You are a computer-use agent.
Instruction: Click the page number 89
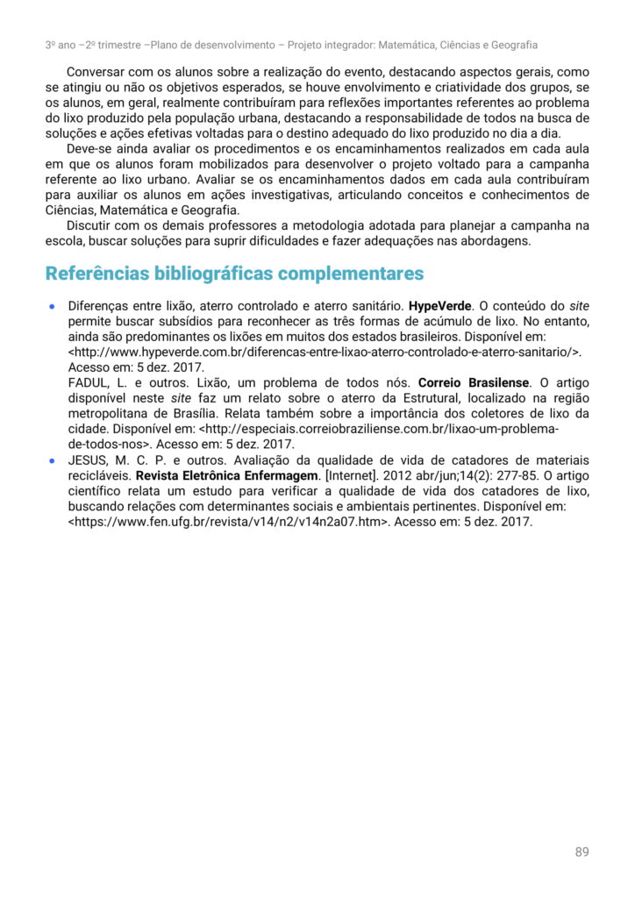coord(581,852)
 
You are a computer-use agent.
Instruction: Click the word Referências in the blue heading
coord(96,274)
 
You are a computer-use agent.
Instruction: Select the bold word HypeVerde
coord(441,307)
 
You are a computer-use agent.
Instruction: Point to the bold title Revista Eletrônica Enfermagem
coord(224,475)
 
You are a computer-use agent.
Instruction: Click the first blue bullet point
coord(52,308)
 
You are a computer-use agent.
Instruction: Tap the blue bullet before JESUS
coord(52,460)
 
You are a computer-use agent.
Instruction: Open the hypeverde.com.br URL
coord(324,353)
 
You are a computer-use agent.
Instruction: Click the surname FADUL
coord(89,383)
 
